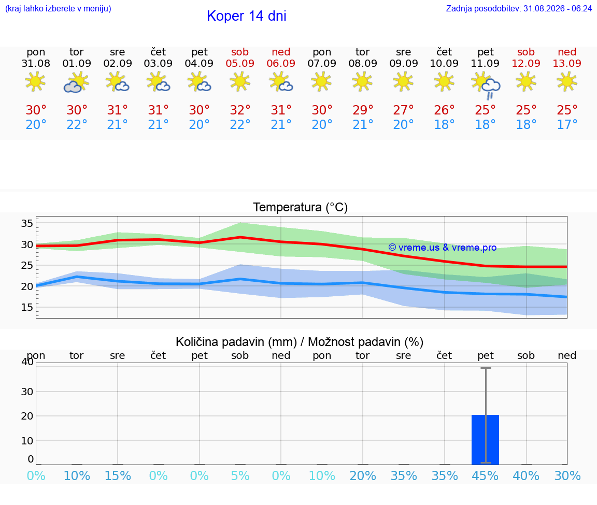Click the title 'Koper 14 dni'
pos(246,16)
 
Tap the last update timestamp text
pos(519,8)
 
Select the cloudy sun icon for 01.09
pos(77,82)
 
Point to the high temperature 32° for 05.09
pos(240,110)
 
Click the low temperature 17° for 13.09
pos(567,124)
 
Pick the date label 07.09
pos(322,63)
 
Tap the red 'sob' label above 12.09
pos(526,52)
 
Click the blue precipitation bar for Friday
pos(485,440)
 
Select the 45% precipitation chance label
pos(485,475)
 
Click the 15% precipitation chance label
pos(118,475)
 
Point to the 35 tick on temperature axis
pos(27,223)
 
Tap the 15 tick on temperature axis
pos(27,307)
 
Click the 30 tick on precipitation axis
pos(27,392)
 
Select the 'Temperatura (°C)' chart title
pos(301,207)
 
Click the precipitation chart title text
pos(299,342)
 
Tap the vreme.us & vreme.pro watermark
pos(442,248)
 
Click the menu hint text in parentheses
pos(58,8)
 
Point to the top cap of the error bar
pos(486,368)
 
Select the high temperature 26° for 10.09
pos(444,110)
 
